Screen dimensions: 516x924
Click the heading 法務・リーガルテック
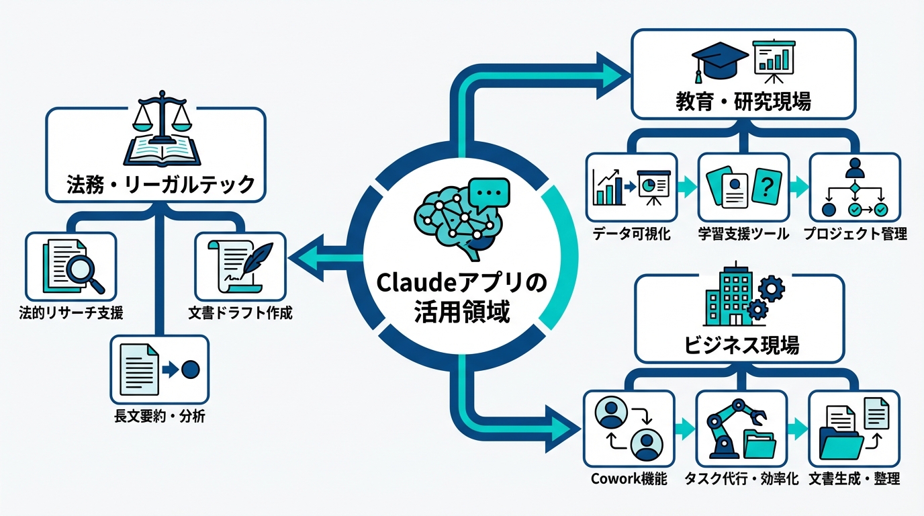160,183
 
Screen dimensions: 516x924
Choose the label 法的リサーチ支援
71,314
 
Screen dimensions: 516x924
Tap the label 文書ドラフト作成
240,314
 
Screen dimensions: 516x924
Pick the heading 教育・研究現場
742,101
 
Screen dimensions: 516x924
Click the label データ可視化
631,234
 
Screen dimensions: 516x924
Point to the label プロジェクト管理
855,234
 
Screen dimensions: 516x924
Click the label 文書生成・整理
854,479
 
